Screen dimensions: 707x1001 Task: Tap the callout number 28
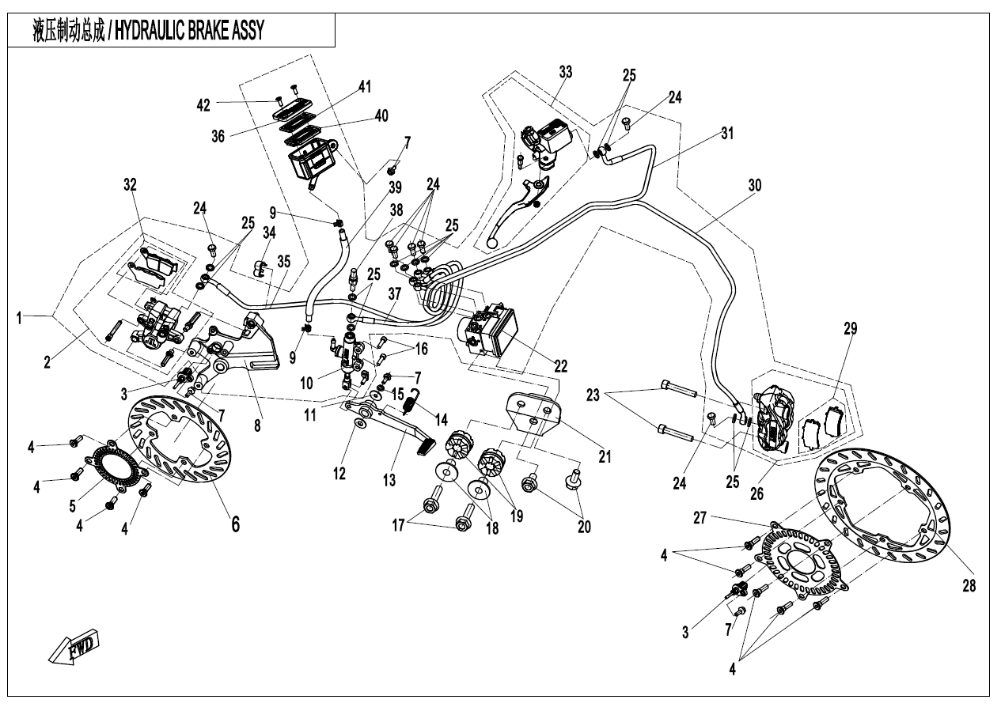click(x=969, y=587)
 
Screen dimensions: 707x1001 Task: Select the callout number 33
click(x=564, y=72)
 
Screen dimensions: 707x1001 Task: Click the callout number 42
click(x=204, y=104)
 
